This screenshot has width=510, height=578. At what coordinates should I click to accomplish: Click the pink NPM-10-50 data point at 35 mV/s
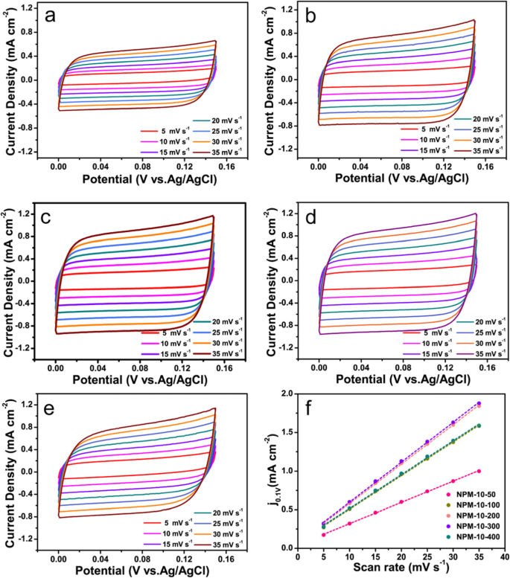point(479,471)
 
